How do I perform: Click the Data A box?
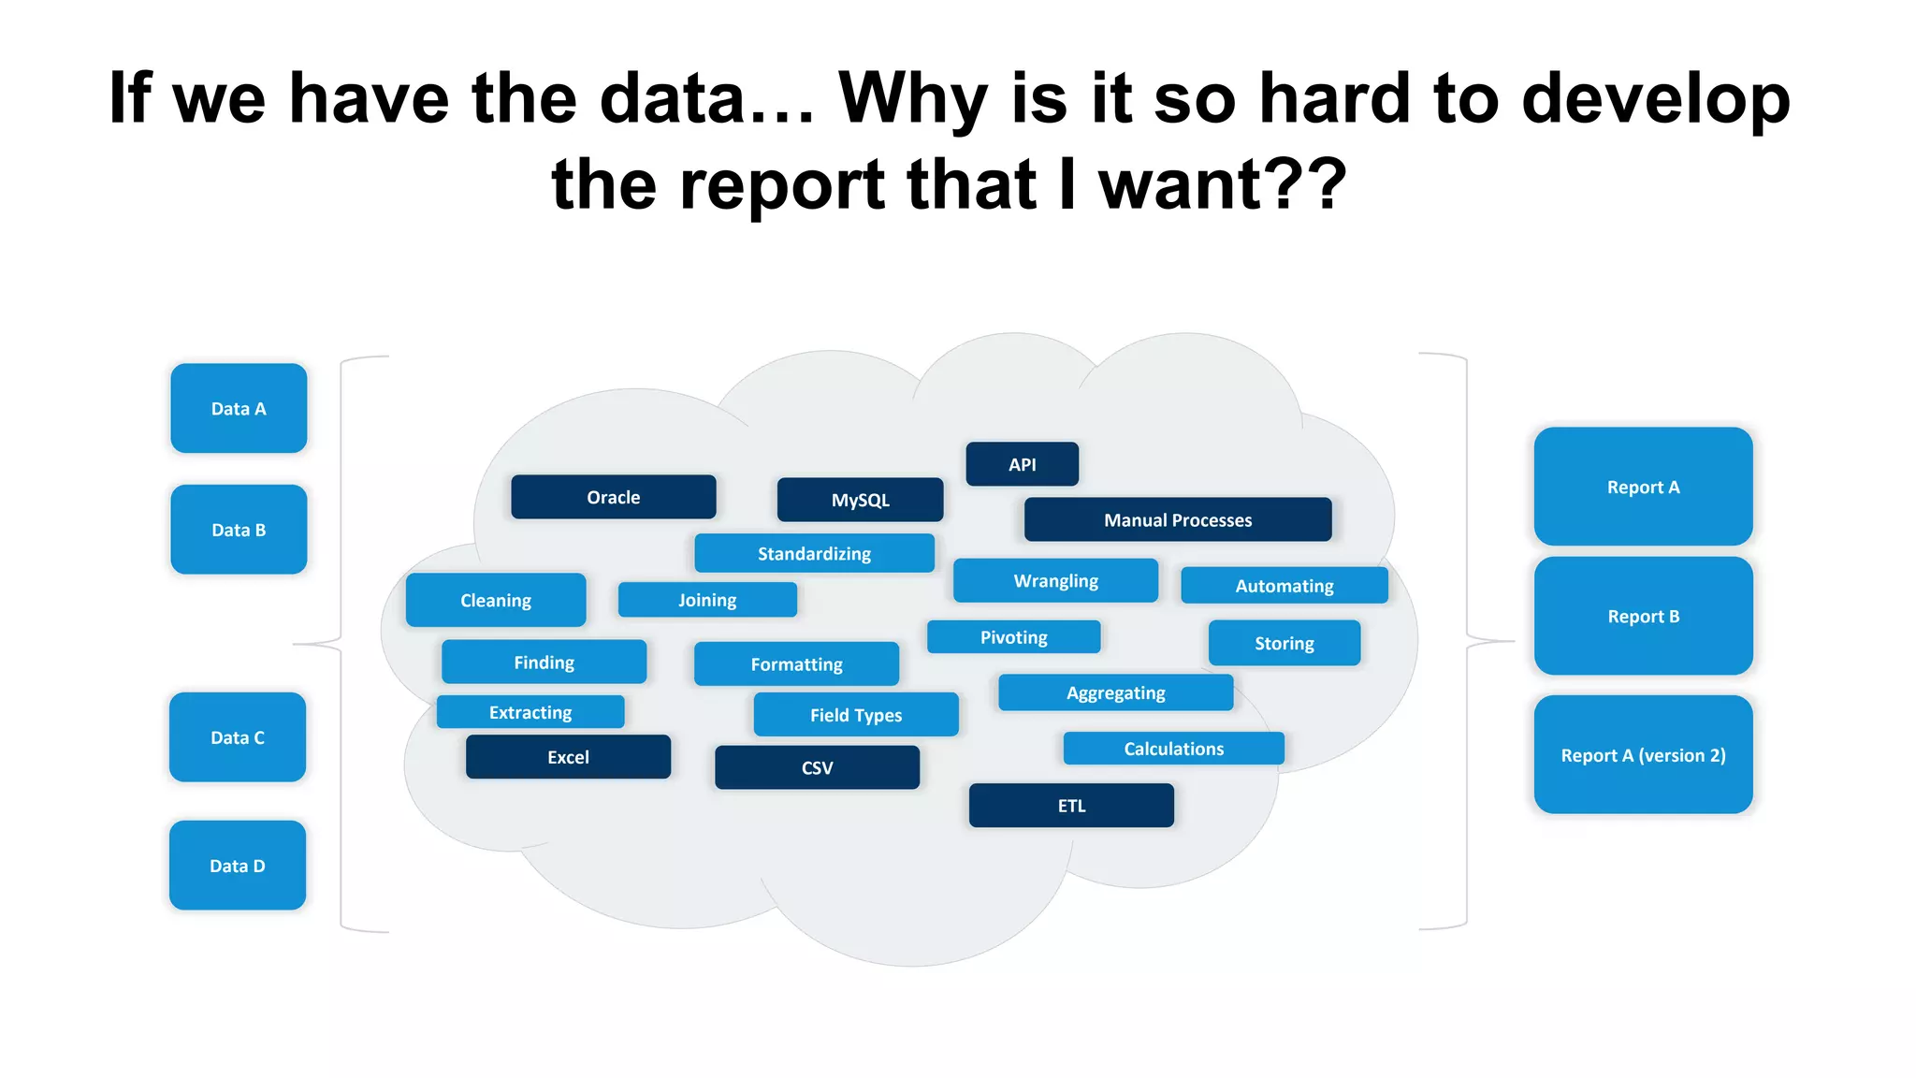tap(239, 408)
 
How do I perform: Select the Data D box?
tap(238, 866)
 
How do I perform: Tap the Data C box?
tap(238, 737)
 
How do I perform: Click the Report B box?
tap(1643, 616)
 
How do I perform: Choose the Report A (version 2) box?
tap(1643, 754)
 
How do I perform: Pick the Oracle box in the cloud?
tap(614, 497)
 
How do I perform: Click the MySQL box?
tap(860, 500)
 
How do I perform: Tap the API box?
tap(1022, 464)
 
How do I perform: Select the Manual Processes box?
tap(1177, 519)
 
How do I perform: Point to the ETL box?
tap(1071, 805)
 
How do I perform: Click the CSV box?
tap(817, 767)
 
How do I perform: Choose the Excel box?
tap(568, 756)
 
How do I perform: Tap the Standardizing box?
tap(814, 553)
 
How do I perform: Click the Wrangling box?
tap(1055, 580)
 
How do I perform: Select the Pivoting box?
tap(1013, 636)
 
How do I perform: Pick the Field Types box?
tap(856, 714)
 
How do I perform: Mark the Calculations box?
tap(1173, 748)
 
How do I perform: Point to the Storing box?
tap(1284, 643)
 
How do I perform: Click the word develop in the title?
tap(1656, 99)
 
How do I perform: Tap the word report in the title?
tap(781, 184)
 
